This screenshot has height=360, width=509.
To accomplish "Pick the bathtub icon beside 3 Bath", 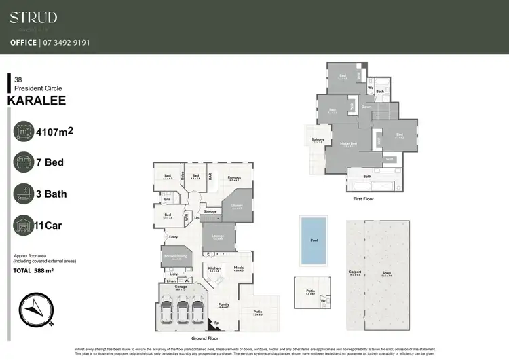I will pos(26,194).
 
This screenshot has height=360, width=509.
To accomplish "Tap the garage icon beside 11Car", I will pos(26,225).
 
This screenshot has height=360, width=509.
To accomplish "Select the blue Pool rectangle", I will pos(313,240).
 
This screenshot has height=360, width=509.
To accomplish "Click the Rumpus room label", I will pos(235,177).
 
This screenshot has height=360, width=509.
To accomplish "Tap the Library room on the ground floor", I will pos(238,206).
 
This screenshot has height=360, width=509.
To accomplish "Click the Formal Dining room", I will pos(176,257).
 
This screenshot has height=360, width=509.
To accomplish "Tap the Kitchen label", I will pos(215,268).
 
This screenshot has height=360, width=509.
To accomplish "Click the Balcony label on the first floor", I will pos(318,141).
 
